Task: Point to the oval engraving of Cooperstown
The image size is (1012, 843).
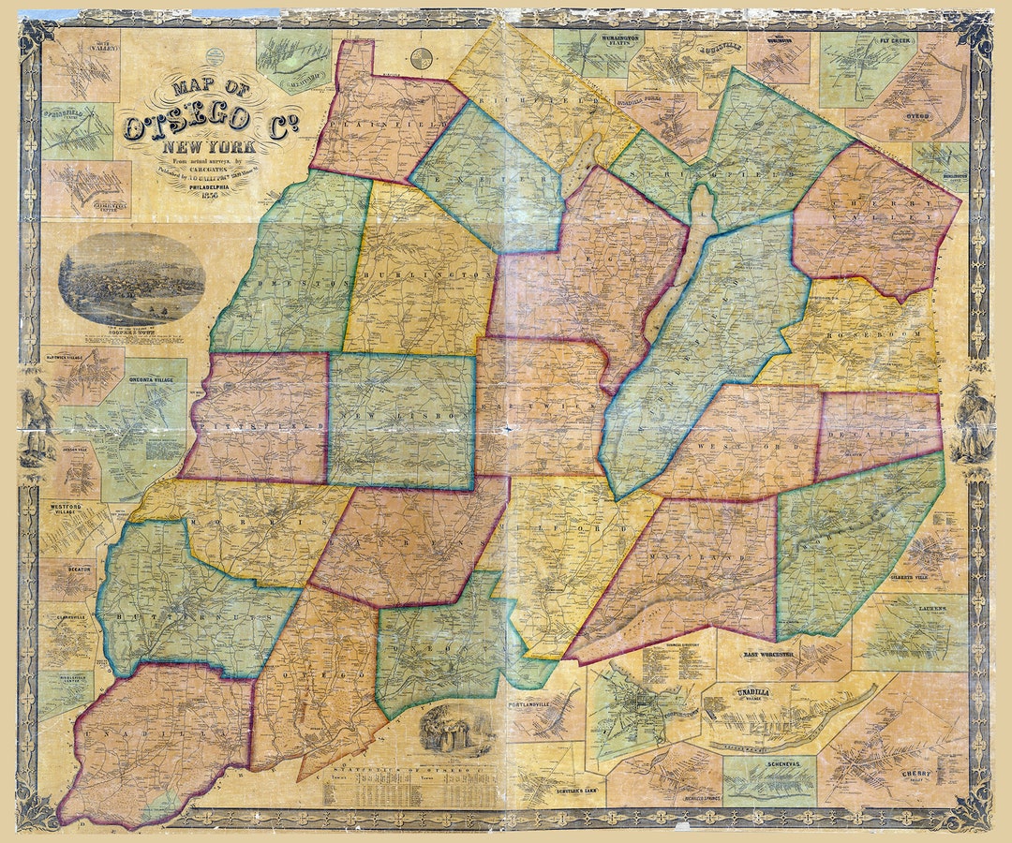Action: [x=131, y=279]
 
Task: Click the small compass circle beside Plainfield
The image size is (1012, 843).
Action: [x=422, y=57]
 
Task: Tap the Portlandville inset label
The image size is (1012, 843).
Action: [x=532, y=703]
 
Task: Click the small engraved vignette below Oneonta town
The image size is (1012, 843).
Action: [x=457, y=729]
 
